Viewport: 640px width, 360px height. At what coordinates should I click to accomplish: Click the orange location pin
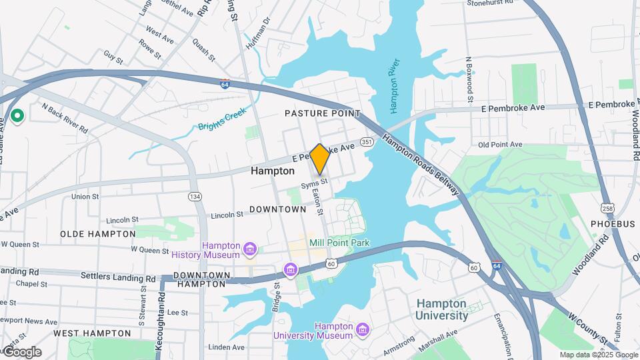tap(319, 159)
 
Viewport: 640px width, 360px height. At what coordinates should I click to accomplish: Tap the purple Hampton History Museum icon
tap(250, 250)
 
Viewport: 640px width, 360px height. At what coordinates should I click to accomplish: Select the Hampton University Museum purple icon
tap(362, 330)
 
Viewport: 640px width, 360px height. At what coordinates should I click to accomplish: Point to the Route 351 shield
tap(367, 142)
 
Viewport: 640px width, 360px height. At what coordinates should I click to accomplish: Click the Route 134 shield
tap(195, 196)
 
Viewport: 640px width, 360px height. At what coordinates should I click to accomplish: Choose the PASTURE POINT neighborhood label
tap(323, 114)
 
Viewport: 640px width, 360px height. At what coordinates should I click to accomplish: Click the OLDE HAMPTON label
tap(98, 234)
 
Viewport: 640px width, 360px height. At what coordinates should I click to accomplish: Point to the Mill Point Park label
tap(339, 243)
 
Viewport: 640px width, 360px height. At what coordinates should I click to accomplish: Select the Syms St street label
tap(314, 181)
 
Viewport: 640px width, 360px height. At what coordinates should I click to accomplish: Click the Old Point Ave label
tap(500, 145)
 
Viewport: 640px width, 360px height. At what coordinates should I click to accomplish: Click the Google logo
tap(22, 352)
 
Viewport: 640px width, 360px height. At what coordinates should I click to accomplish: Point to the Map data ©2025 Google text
tap(598, 355)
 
